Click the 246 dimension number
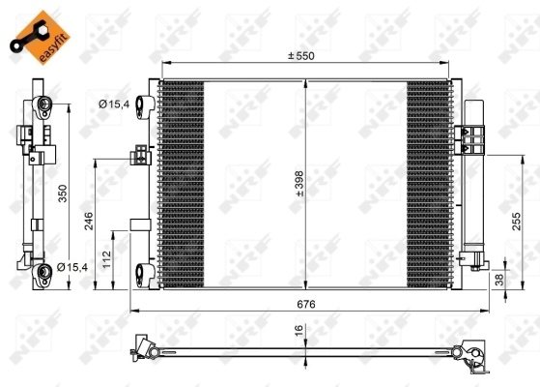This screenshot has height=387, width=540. click(x=88, y=223)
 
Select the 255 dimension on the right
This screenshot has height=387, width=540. click(x=518, y=220)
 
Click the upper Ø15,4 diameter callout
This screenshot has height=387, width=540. click(x=115, y=103)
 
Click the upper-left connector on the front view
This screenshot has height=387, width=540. click(x=144, y=104)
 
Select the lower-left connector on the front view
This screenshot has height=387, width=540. click(x=144, y=272)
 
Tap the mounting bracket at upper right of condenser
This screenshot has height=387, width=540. click(x=472, y=140)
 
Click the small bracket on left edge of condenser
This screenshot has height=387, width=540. click(x=141, y=154)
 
